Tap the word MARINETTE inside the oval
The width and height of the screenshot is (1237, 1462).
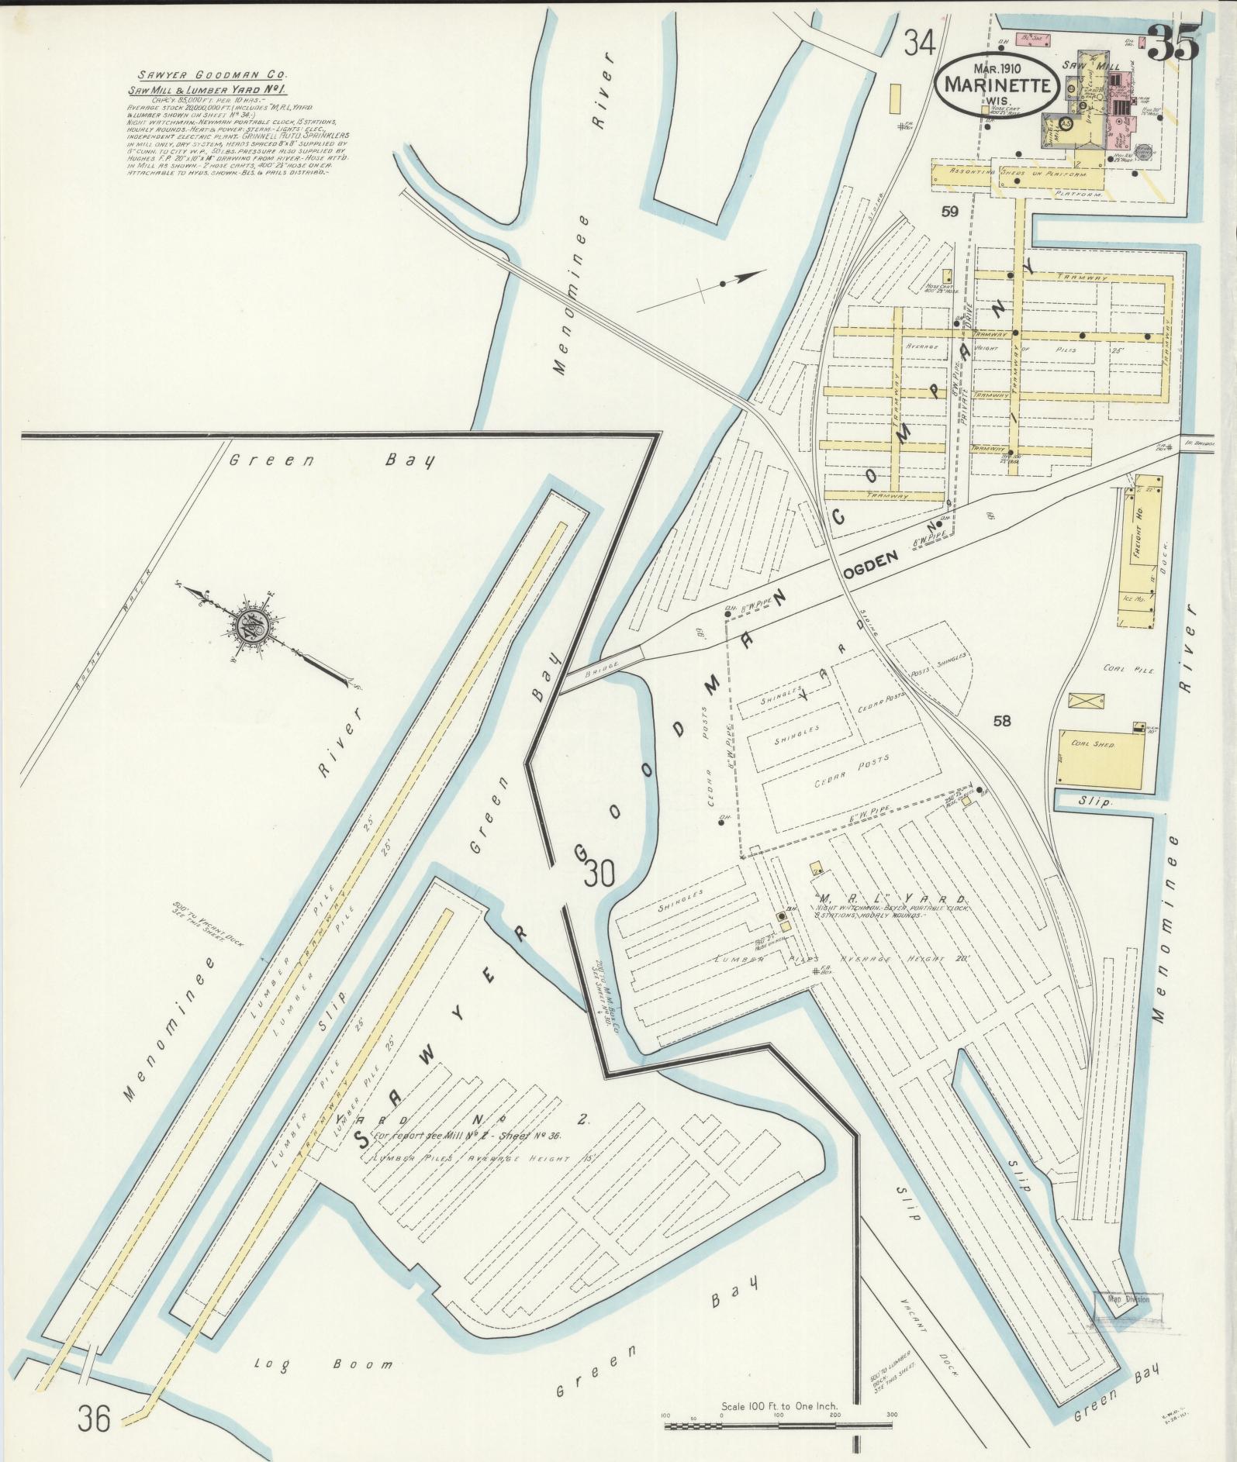click(997, 84)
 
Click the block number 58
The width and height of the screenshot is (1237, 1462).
click(1002, 721)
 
